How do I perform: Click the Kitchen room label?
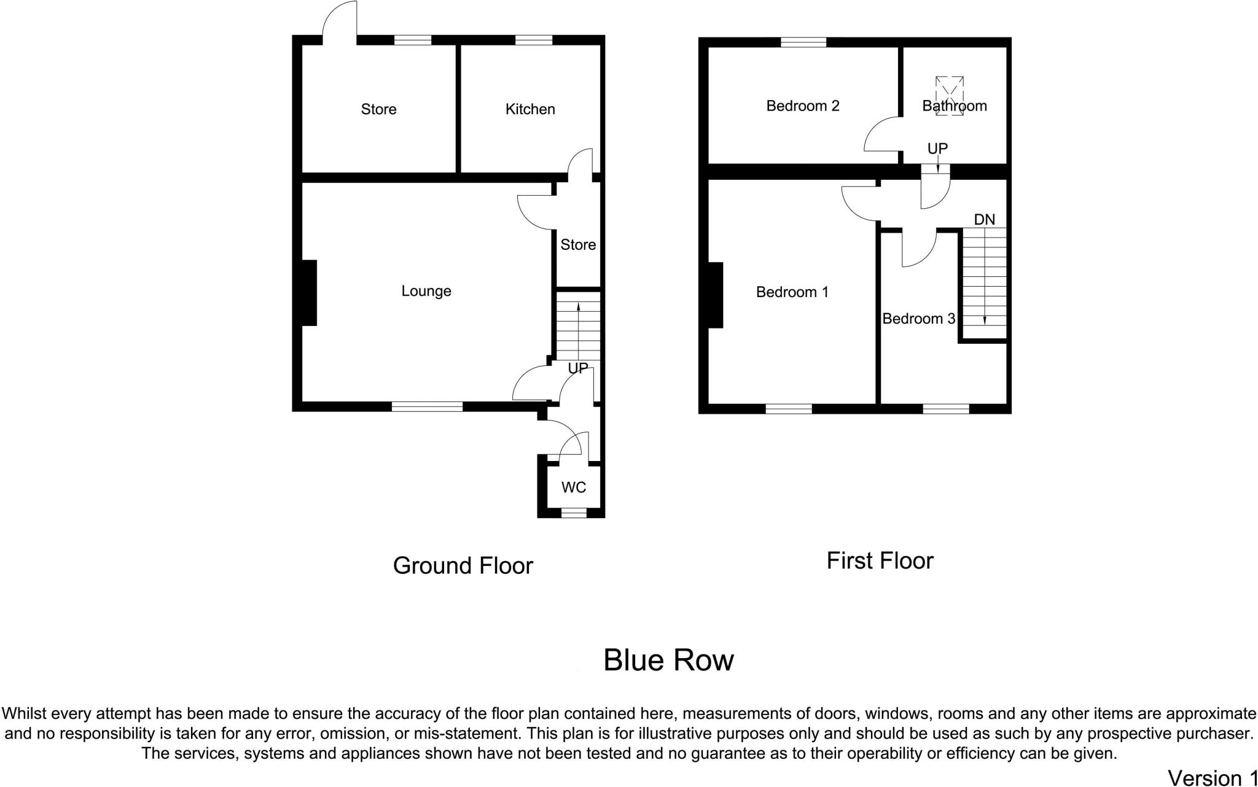(530, 109)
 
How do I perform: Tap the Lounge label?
(426, 291)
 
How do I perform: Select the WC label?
(574, 487)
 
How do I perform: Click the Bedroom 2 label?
(803, 106)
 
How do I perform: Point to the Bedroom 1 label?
(792, 292)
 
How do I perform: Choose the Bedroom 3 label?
(918, 319)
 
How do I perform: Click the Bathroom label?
(955, 106)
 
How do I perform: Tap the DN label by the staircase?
(985, 220)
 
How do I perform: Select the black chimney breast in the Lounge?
(309, 293)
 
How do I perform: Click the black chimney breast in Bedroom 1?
(716, 295)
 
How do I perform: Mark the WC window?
(574, 513)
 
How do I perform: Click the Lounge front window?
(427, 406)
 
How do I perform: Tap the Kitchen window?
(534, 41)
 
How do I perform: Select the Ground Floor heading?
(463, 565)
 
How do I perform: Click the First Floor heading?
(880, 560)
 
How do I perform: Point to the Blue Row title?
(668, 661)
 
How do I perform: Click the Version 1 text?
(1212, 778)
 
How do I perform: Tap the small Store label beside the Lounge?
(578, 245)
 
